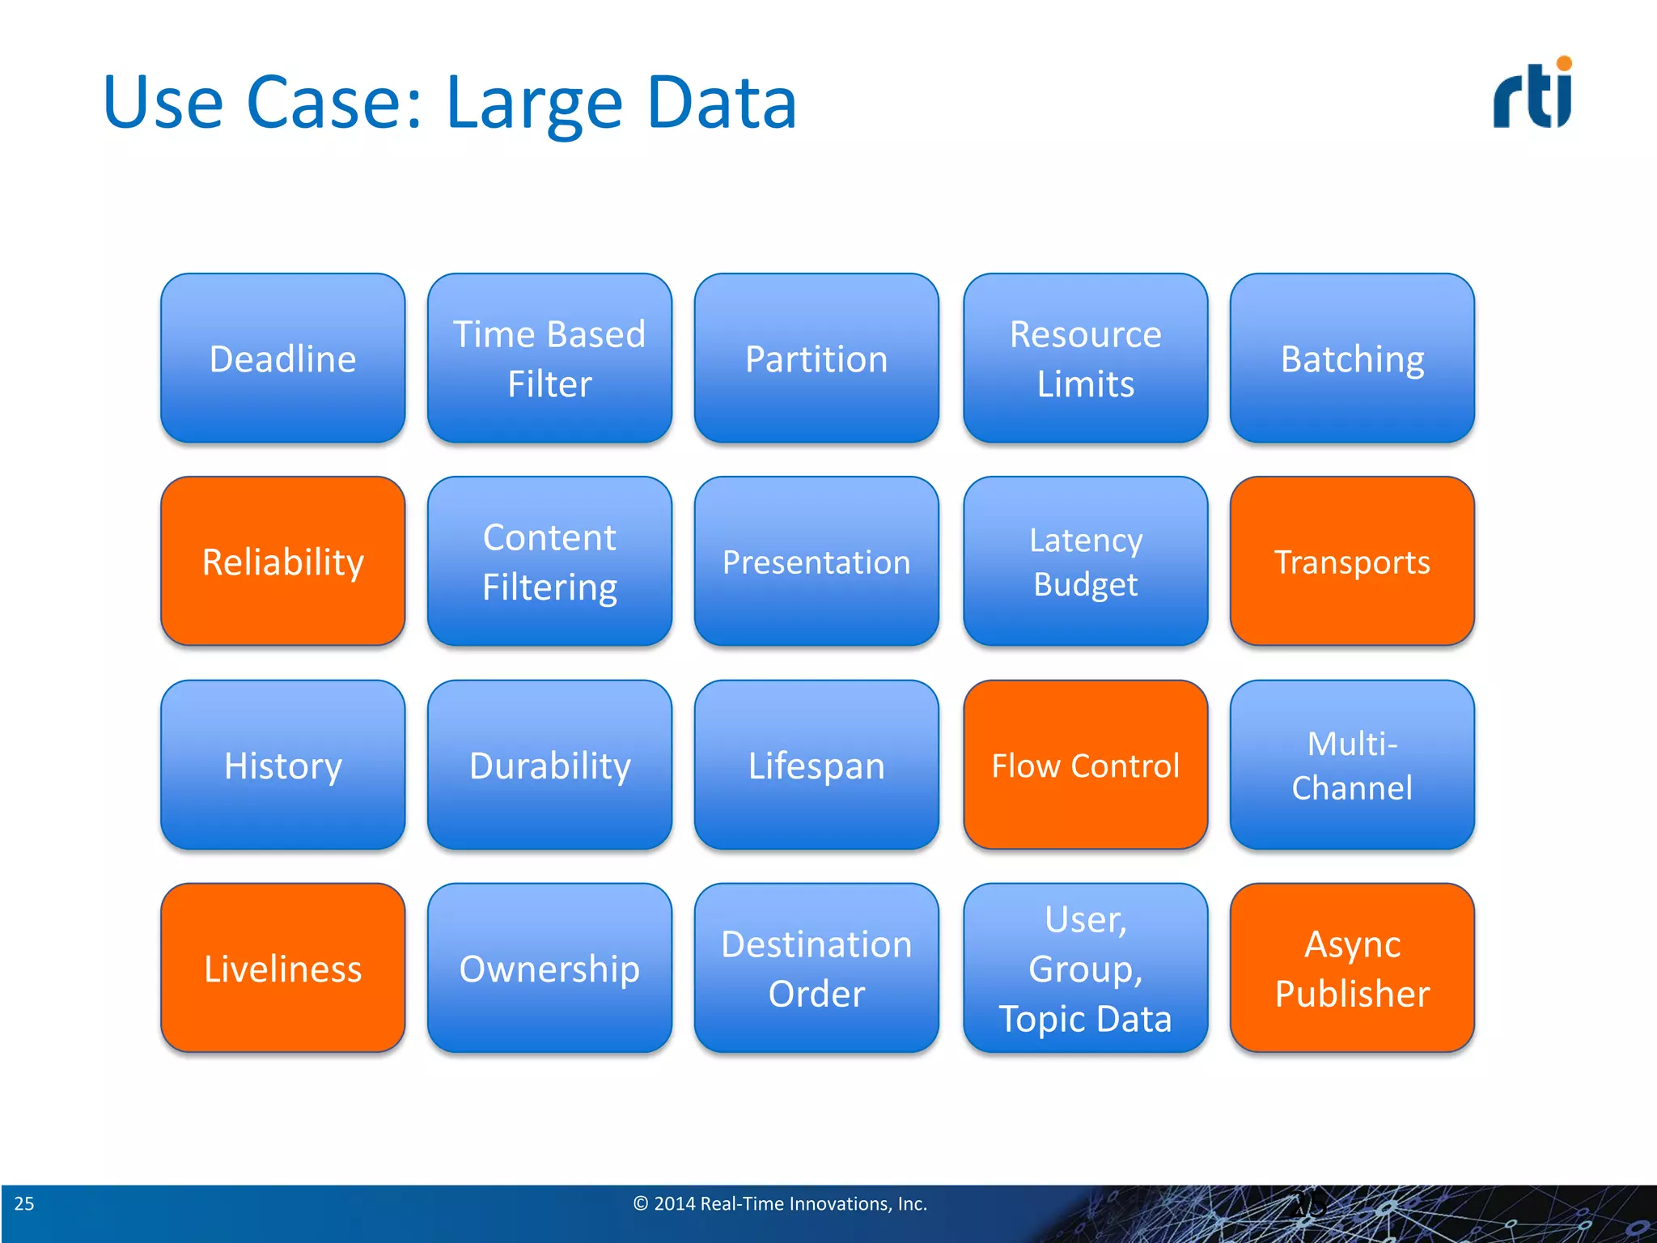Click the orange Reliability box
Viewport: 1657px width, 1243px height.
[x=282, y=561]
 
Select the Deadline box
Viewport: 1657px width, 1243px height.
[x=282, y=358]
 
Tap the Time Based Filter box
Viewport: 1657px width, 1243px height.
[x=549, y=358]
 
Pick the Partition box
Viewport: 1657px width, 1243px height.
[x=816, y=358]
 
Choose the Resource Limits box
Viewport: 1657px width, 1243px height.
[x=1085, y=358]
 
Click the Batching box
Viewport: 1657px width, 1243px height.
[x=1352, y=358]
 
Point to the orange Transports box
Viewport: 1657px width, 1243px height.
[x=1352, y=561]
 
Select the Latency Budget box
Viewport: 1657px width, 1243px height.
[x=1085, y=561]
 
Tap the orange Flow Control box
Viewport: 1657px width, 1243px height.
[x=1085, y=765]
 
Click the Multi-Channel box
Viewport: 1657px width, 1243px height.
[x=1352, y=765]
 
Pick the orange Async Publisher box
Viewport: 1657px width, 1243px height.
[x=1352, y=968]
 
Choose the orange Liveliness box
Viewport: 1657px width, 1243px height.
[x=282, y=968]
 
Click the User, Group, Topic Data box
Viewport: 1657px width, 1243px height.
[x=1085, y=968]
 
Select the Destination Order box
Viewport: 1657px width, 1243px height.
[x=816, y=968]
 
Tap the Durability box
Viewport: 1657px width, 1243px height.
[x=549, y=765]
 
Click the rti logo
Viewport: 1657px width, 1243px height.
[x=1532, y=95]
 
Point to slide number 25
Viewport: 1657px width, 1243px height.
[x=24, y=1203]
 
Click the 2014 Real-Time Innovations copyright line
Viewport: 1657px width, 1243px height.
[x=780, y=1203]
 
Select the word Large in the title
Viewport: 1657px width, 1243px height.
[x=534, y=104]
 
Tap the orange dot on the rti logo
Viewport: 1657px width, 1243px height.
[x=1564, y=63]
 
